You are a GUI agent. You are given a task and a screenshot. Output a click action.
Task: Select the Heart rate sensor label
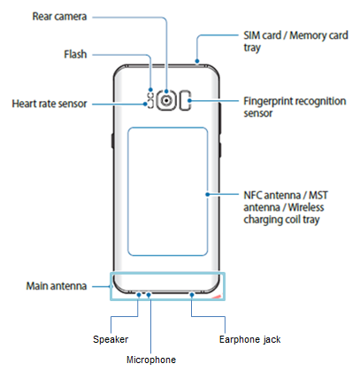(x=50, y=103)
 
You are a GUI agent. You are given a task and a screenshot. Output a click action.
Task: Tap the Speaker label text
(x=111, y=338)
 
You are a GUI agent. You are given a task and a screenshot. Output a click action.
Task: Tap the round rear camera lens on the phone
(x=166, y=100)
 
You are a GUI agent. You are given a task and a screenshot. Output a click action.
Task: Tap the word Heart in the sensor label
(x=25, y=103)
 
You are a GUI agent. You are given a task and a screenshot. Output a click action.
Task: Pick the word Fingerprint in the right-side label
(x=266, y=101)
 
